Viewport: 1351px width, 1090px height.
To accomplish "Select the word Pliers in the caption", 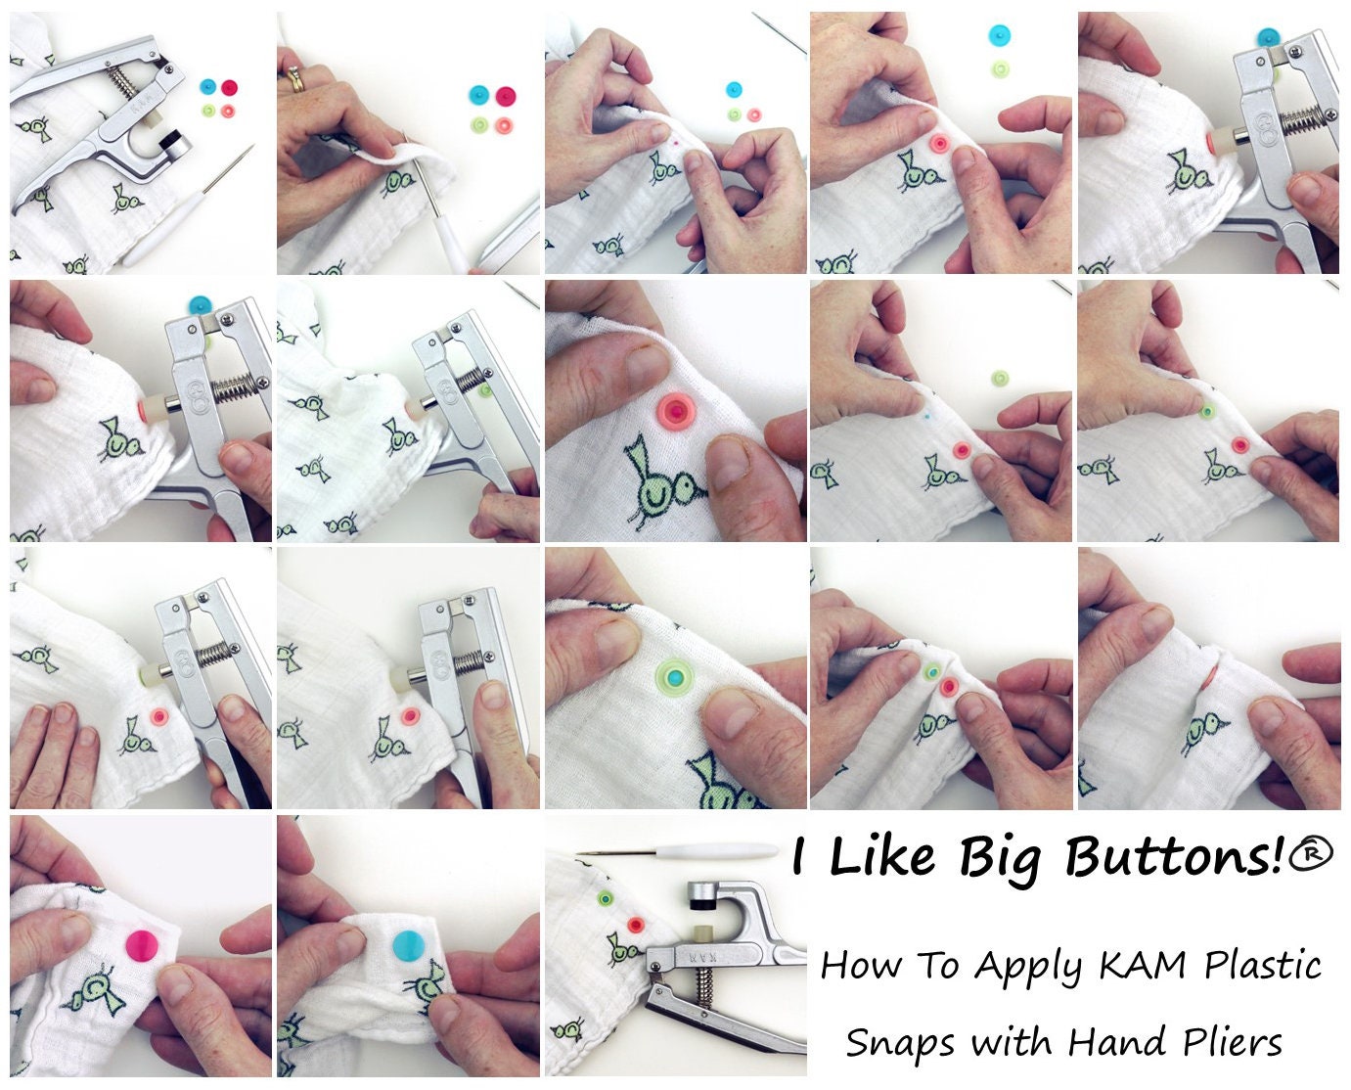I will click(1232, 1042).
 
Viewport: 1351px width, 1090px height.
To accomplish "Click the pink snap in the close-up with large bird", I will click(674, 412).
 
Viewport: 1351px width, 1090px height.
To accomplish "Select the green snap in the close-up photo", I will click(672, 674).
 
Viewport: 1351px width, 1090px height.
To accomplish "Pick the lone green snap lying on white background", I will click(998, 378).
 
